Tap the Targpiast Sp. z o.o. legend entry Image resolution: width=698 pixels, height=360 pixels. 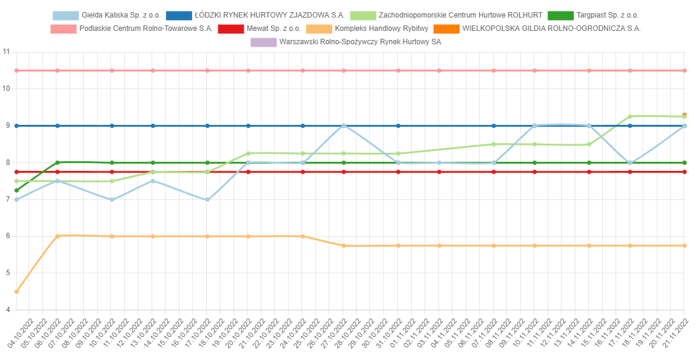click(607, 15)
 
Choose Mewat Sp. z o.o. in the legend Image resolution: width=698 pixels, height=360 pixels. click(273, 28)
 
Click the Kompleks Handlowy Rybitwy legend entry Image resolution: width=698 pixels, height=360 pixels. click(381, 28)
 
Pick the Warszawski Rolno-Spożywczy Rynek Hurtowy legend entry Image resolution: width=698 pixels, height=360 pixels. click(360, 42)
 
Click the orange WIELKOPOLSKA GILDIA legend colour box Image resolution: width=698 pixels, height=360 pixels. click(446, 28)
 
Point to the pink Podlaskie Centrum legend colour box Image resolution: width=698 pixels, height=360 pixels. click(62, 28)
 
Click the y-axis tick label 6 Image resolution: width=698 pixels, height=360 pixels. click(7, 236)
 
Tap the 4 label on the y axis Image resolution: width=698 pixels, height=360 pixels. click(7, 310)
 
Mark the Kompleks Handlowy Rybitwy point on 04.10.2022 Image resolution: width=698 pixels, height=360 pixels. click(16, 292)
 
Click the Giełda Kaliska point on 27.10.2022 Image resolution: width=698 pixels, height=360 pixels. click(344, 126)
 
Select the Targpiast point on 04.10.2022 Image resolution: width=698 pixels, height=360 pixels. click(16, 190)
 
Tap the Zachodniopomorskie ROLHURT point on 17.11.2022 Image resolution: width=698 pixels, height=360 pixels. click(630, 116)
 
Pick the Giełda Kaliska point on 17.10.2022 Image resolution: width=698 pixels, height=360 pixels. click(207, 199)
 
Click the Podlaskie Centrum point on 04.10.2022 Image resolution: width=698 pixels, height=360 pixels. click(16, 70)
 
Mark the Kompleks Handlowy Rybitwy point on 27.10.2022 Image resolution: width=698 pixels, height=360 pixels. click(344, 245)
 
